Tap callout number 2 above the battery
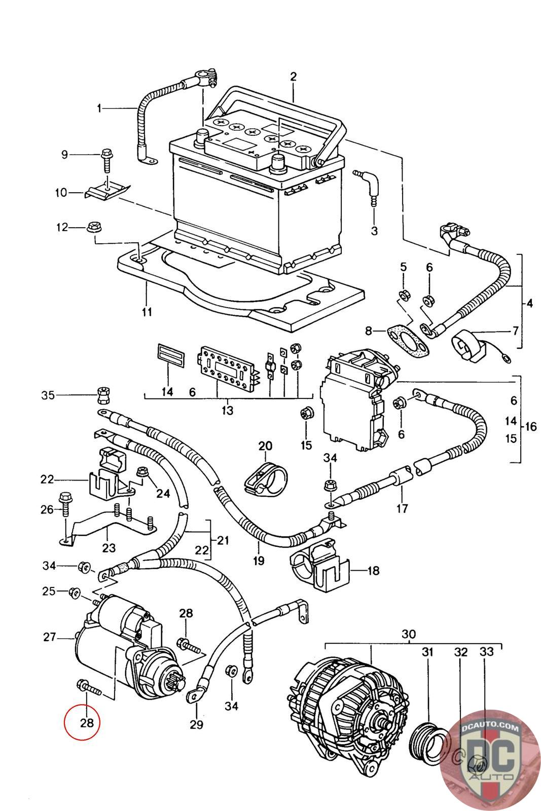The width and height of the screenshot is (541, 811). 293,77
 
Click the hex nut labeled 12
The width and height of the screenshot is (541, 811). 94,228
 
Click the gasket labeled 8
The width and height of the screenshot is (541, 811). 407,340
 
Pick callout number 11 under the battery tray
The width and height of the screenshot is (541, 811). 147,312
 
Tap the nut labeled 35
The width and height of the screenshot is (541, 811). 103,395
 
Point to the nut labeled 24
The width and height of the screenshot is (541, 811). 141,472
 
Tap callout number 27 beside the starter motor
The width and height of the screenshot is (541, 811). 50,637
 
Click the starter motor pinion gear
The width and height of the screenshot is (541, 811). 175,679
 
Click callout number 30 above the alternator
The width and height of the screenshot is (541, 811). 409,624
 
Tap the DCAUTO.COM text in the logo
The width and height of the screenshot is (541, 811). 490,728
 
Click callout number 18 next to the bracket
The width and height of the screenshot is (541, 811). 373,571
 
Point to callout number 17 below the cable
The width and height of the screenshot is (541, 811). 402,508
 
